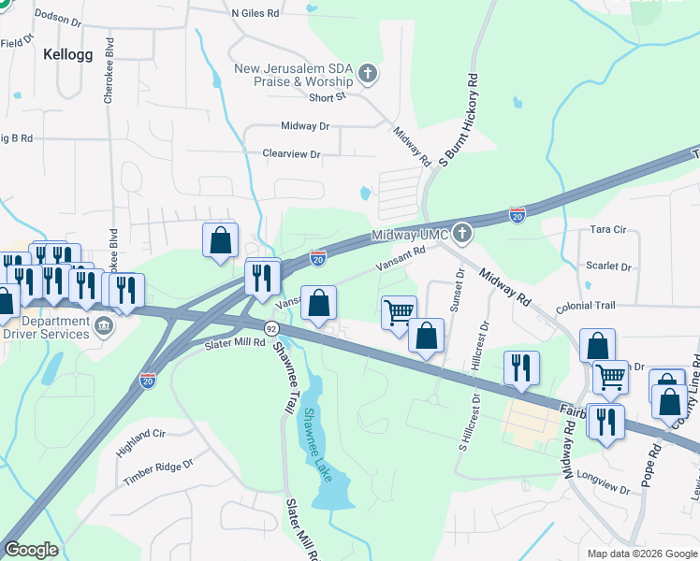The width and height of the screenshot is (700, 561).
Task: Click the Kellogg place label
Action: click(68, 55)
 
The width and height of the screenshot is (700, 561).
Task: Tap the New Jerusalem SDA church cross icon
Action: click(369, 74)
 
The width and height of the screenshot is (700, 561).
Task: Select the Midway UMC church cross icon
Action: click(461, 233)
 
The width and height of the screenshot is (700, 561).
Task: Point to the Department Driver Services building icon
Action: click(104, 327)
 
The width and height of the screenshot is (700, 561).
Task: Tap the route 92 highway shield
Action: click(270, 329)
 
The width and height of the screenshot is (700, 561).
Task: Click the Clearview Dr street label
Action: click(291, 153)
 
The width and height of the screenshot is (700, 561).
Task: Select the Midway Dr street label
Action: click(305, 125)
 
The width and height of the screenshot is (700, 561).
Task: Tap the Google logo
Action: click(31, 550)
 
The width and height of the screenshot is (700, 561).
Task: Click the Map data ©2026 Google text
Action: click(641, 554)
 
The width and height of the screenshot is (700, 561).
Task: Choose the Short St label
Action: click(328, 97)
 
